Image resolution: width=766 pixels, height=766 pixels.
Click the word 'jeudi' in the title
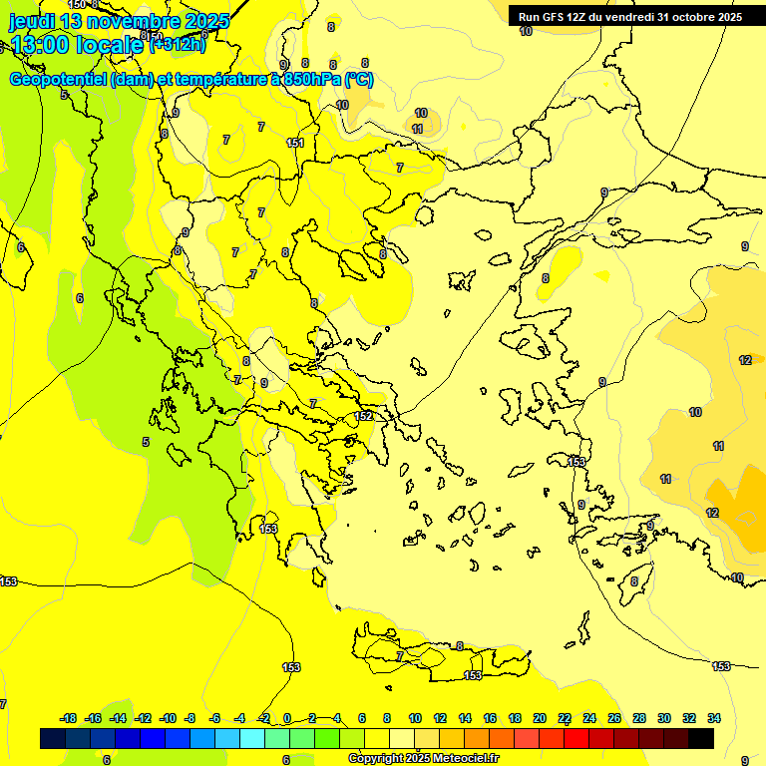(32, 20)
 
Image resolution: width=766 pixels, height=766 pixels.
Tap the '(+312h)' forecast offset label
(177, 43)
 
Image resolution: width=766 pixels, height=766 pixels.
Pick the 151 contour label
(295, 143)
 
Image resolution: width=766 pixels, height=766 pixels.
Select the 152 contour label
(364, 416)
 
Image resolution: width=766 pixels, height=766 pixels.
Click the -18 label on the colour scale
(68, 718)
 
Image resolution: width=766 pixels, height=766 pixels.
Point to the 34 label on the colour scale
(714, 718)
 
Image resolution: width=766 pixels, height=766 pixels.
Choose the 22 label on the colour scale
(565, 718)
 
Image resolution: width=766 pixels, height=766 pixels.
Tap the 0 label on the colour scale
(287, 718)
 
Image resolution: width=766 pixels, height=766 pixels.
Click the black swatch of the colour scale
(701, 738)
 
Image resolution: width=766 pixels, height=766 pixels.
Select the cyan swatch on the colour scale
(252, 738)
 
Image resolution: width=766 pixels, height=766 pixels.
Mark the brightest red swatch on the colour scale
(576, 738)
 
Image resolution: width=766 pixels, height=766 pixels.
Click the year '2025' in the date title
(205, 20)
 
